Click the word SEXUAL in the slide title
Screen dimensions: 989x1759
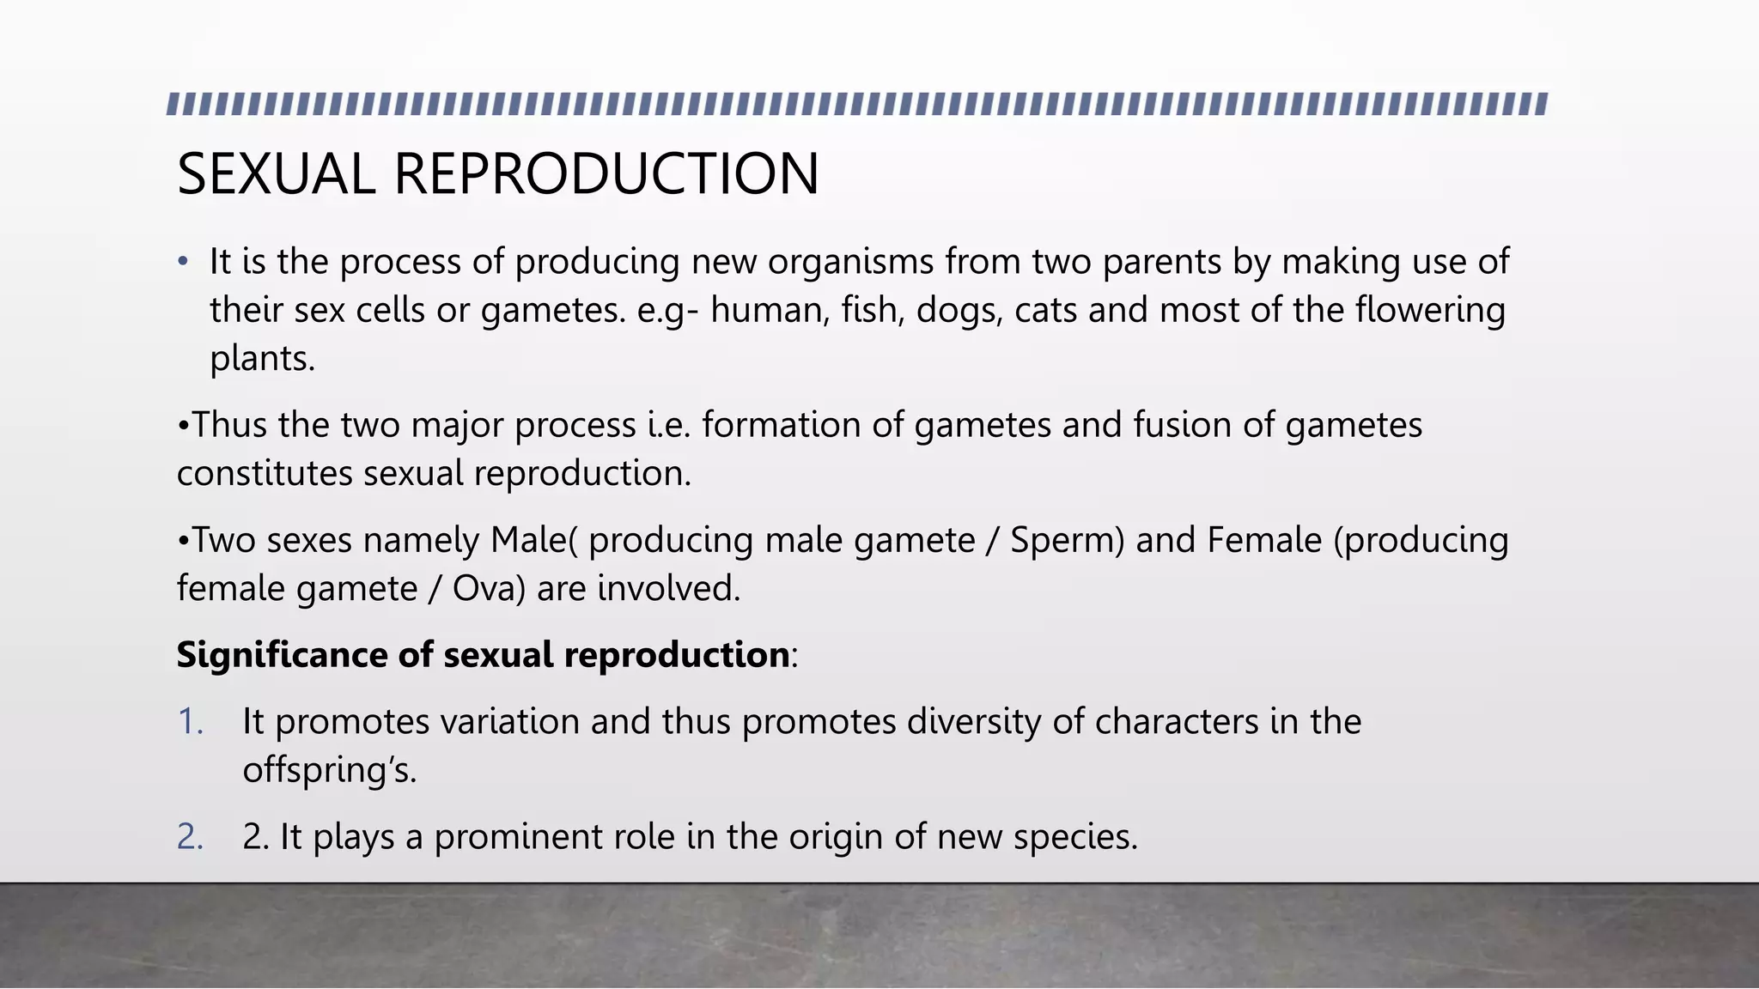[276, 174]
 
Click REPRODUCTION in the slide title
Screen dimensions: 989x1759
[606, 174]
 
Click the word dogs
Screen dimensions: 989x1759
[959, 310]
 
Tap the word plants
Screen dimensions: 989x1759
[262, 359]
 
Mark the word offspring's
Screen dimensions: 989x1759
[329, 770]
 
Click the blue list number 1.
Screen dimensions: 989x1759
[190, 721]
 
